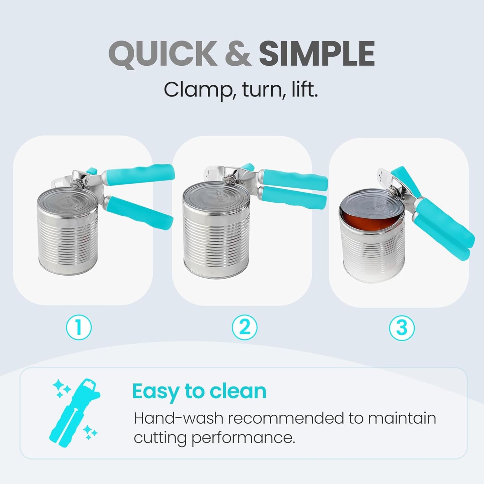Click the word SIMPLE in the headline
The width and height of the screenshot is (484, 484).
317,54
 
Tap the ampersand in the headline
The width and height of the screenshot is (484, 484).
238,54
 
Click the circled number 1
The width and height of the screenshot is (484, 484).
79,327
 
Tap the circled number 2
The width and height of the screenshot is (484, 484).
245,327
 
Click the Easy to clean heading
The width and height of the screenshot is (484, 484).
199,391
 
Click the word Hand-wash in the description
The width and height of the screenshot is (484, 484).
178,418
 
